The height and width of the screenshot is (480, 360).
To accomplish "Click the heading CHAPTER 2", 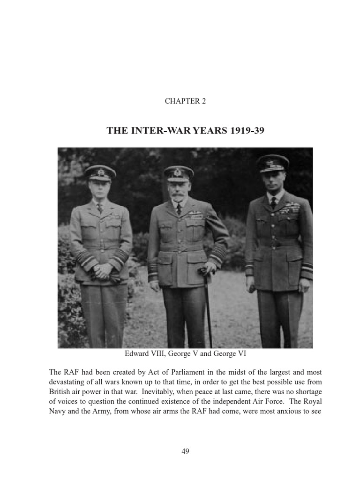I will point(185,101).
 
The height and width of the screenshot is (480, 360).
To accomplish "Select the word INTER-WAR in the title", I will point(151,131).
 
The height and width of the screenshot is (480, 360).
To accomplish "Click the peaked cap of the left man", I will point(100,172).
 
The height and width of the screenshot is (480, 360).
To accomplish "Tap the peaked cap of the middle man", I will point(179,173).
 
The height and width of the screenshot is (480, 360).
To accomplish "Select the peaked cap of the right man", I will point(273,163).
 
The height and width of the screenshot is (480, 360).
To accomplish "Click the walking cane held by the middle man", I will point(208,309).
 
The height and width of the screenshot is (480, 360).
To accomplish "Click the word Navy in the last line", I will point(58,412).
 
